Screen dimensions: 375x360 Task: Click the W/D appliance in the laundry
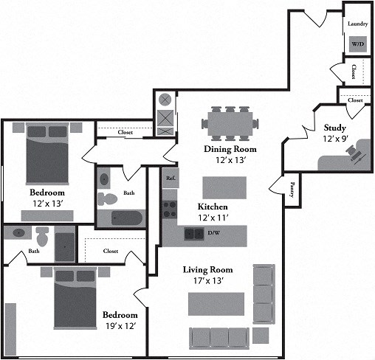[358, 44]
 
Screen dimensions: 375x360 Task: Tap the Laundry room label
[358, 24]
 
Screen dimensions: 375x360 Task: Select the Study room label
[334, 128]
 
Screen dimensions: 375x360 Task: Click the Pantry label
[292, 190]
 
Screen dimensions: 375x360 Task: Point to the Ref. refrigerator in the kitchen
[171, 178]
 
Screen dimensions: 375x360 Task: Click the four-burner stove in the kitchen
[170, 210]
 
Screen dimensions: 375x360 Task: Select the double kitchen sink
[194, 234]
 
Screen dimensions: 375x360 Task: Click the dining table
[230, 124]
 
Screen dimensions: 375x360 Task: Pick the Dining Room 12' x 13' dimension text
[230, 160]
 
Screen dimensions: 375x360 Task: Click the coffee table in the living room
[216, 304]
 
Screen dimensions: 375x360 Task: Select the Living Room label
[207, 270]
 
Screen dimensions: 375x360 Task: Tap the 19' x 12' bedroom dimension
[121, 326]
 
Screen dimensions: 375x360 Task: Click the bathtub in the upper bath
[127, 218]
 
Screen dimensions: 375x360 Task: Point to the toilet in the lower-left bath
[42, 236]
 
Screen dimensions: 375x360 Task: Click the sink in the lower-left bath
[18, 232]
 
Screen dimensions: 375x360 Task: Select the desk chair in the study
[354, 153]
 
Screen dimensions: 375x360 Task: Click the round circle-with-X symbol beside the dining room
[165, 100]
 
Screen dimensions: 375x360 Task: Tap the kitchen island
[224, 187]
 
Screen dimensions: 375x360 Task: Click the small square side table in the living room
[261, 336]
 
